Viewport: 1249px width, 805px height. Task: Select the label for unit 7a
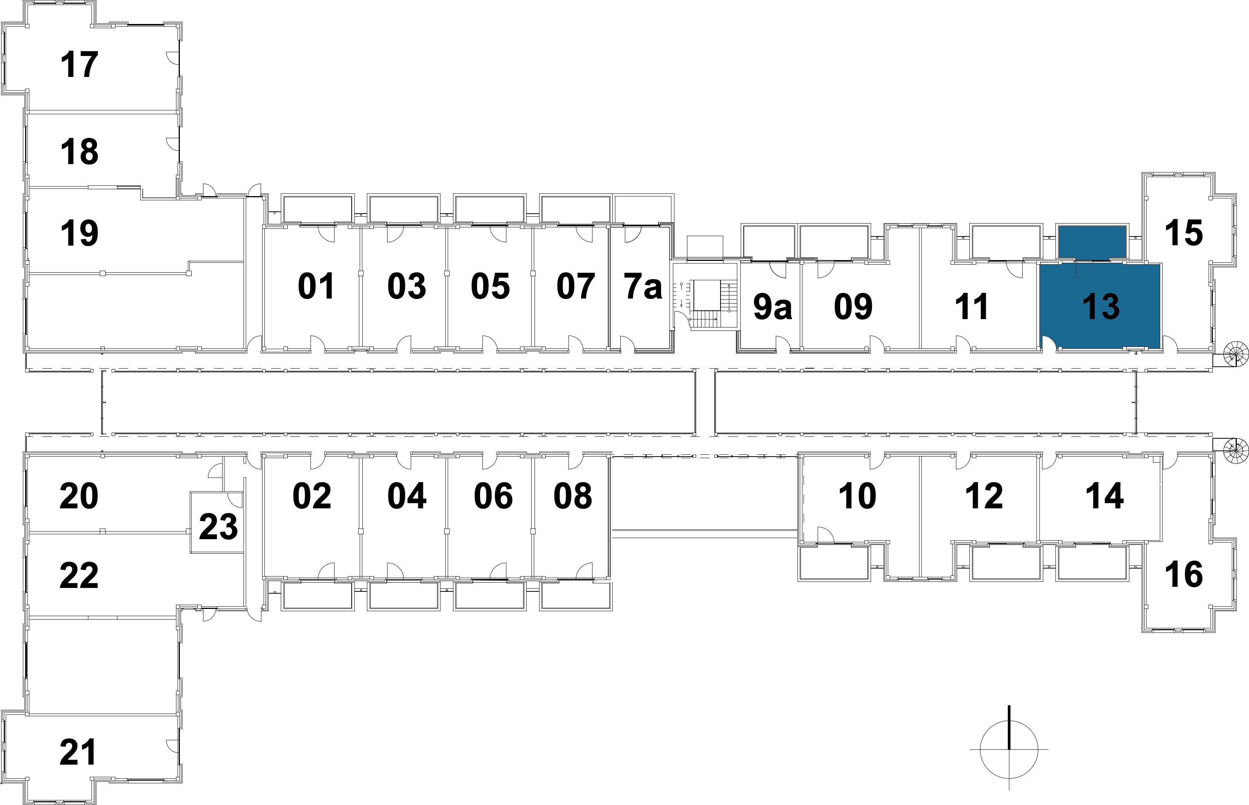pyautogui.click(x=643, y=286)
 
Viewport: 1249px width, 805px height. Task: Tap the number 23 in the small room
pyautogui.click(x=218, y=526)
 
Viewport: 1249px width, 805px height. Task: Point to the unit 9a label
pyautogui.click(x=772, y=307)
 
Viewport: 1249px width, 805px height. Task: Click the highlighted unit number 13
pyautogui.click(x=1100, y=307)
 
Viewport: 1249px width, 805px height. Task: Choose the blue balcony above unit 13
pyautogui.click(x=1092, y=242)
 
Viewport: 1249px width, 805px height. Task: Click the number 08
pyautogui.click(x=573, y=495)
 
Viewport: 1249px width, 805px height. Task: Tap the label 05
pyautogui.click(x=490, y=286)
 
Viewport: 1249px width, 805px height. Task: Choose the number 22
pyautogui.click(x=79, y=575)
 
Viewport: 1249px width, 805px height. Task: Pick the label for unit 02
pyautogui.click(x=312, y=495)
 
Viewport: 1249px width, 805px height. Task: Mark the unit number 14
pyautogui.click(x=1105, y=495)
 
